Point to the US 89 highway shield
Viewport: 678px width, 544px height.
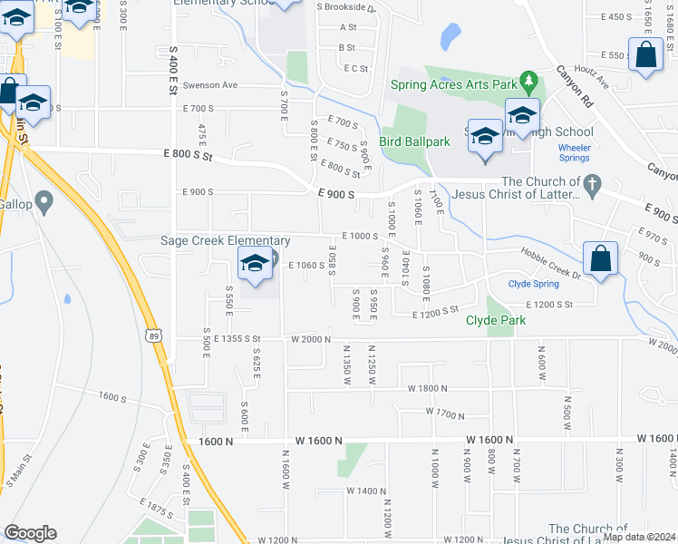[151, 335]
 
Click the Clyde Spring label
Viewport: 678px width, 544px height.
[532, 284]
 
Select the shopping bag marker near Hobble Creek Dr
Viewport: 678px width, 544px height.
[600, 259]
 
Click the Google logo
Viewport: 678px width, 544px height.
[30, 533]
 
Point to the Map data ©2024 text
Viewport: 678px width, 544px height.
[639, 537]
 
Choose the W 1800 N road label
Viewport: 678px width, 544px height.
[429, 388]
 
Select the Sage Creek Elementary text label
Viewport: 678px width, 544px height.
[225, 241]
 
